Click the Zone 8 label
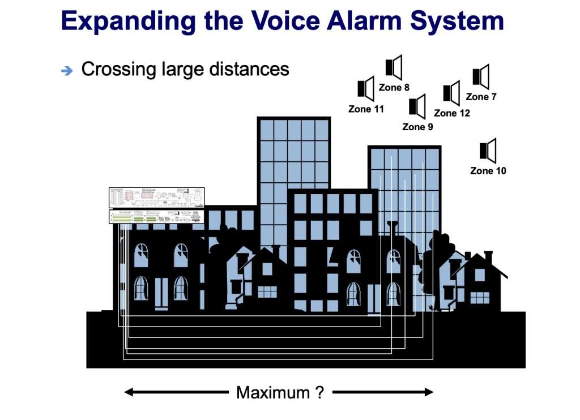(394, 88)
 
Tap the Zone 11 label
(366, 109)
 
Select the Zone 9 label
(417, 127)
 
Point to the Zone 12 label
(452, 113)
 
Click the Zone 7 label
(481, 97)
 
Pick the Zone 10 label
(488, 170)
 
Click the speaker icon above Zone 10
(488, 150)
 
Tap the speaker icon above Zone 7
(480, 76)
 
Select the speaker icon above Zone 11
(366, 88)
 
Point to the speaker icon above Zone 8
(394, 67)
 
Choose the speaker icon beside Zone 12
(451, 92)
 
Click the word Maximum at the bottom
(272, 392)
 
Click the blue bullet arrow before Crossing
(67, 71)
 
